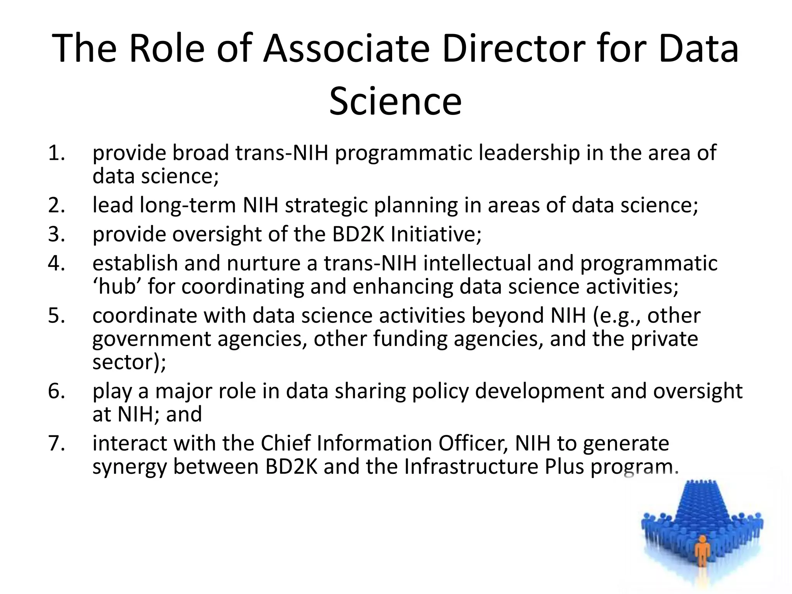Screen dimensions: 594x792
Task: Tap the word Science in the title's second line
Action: [x=395, y=101]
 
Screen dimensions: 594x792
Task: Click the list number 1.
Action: [x=56, y=153]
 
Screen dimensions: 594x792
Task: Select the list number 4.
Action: [x=56, y=264]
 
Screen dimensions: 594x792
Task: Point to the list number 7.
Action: [x=56, y=444]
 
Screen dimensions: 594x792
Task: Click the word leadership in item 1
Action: [x=529, y=153]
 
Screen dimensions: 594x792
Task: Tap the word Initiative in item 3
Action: [x=436, y=234]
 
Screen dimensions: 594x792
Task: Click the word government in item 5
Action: [x=152, y=340]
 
